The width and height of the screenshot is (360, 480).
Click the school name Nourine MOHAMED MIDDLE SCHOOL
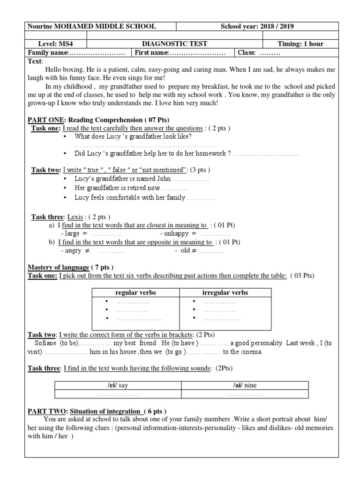click(92, 27)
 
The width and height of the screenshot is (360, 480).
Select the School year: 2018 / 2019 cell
click(257, 27)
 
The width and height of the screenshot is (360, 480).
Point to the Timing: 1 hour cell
click(300, 44)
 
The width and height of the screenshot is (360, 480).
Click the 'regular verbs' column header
click(135, 293)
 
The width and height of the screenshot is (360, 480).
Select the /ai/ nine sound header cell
click(245, 385)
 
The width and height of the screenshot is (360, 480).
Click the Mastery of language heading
click(59, 267)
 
